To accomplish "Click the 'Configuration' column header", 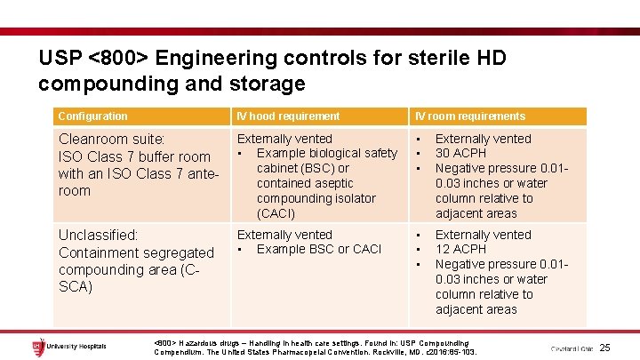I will (x=92, y=116).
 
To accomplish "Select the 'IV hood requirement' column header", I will (x=287, y=116).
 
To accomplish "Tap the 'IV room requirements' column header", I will (x=469, y=116).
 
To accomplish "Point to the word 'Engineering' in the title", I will (x=207, y=59).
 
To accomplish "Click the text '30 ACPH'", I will (x=460, y=153).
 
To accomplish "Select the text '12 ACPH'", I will (x=460, y=249).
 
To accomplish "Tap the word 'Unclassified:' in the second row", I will (x=98, y=236).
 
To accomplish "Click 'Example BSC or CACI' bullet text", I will (x=318, y=249).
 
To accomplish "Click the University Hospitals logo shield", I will (x=36, y=345).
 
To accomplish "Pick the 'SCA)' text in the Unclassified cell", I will (x=76, y=286).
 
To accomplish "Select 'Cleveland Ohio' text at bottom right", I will (x=572, y=348).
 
